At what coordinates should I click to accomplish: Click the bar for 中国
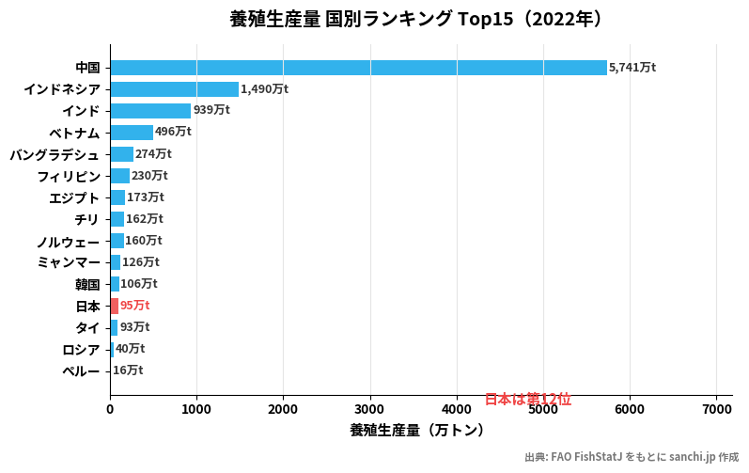(x=358, y=68)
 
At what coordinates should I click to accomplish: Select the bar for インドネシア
(x=174, y=89)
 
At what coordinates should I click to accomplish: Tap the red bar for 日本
(x=114, y=306)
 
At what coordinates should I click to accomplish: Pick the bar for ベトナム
(x=132, y=133)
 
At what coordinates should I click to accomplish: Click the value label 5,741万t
(x=632, y=68)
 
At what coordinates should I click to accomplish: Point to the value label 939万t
(x=211, y=111)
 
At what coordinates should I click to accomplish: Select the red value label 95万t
(x=134, y=306)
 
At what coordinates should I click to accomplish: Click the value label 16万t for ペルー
(x=128, y=371)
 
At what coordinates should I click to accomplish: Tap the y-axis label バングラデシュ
(x=55, y=154)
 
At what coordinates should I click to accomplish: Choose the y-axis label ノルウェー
(x=68, y=241)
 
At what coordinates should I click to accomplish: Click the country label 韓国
(x=87, y=284)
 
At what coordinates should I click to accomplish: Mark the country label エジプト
(x=74, y=197)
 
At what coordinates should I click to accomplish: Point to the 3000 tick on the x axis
(x=369, y=409)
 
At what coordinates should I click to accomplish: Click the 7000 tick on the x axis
(x=716, y=409)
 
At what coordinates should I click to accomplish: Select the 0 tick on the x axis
(x=110, y=409)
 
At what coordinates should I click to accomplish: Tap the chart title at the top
(x=415, y=19)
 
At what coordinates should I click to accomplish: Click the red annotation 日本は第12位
(x=527, y=400)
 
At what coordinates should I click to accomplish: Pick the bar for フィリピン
(x=119, y=176)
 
